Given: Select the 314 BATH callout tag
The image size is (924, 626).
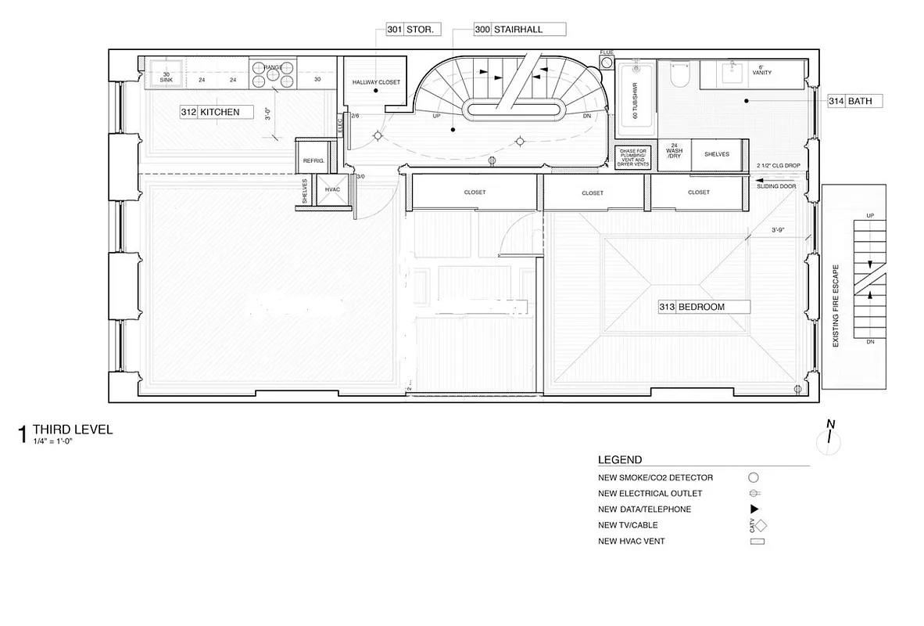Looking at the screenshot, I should [856, 101].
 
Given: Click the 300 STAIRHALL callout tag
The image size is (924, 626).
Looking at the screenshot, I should [518, 30].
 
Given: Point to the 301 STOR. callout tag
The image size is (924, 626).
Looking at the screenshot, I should [414, 30].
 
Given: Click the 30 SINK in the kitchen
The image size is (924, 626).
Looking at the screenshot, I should [166, 75].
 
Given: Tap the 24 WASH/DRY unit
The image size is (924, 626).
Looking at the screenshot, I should [674, 151].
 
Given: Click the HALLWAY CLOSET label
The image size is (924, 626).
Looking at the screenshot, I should [375, 82].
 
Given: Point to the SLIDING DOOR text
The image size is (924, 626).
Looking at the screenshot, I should [776, 187].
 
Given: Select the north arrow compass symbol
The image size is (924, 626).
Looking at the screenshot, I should [831, 437].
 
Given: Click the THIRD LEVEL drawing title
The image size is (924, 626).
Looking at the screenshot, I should [73, 430].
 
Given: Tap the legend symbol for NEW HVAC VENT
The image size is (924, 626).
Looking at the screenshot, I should [755, 541].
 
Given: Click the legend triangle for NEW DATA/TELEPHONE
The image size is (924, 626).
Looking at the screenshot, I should [754, 509].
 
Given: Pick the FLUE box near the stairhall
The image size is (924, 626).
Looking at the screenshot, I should [607, 60].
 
